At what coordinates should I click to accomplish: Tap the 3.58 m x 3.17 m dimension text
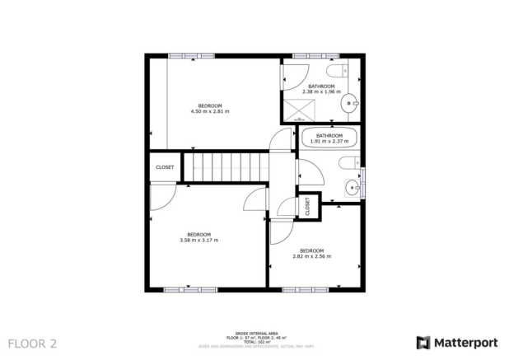tap(198, 240)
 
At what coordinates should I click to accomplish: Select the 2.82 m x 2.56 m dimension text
tap(311, 255)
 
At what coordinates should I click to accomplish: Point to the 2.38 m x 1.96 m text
tap(321, 92)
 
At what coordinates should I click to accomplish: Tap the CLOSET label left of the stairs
tap(165, 167)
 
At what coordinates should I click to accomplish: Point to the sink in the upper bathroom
tap(353, 103)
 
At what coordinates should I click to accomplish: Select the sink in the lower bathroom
tap(354, 186)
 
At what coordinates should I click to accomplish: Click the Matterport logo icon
tap(423, 342)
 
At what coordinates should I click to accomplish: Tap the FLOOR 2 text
tap(32, 342)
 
